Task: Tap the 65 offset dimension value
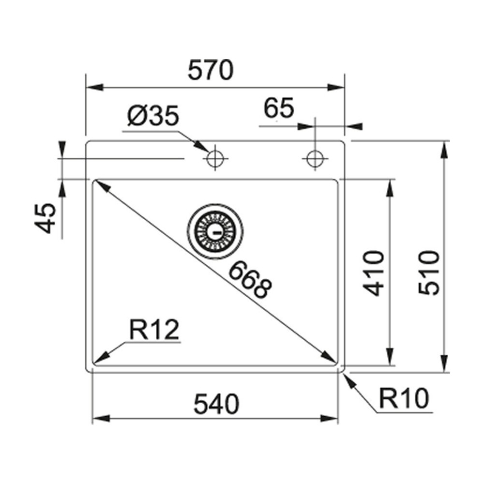click(279, 109)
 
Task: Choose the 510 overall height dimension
click(429, 272)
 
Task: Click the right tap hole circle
click(315, 158)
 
